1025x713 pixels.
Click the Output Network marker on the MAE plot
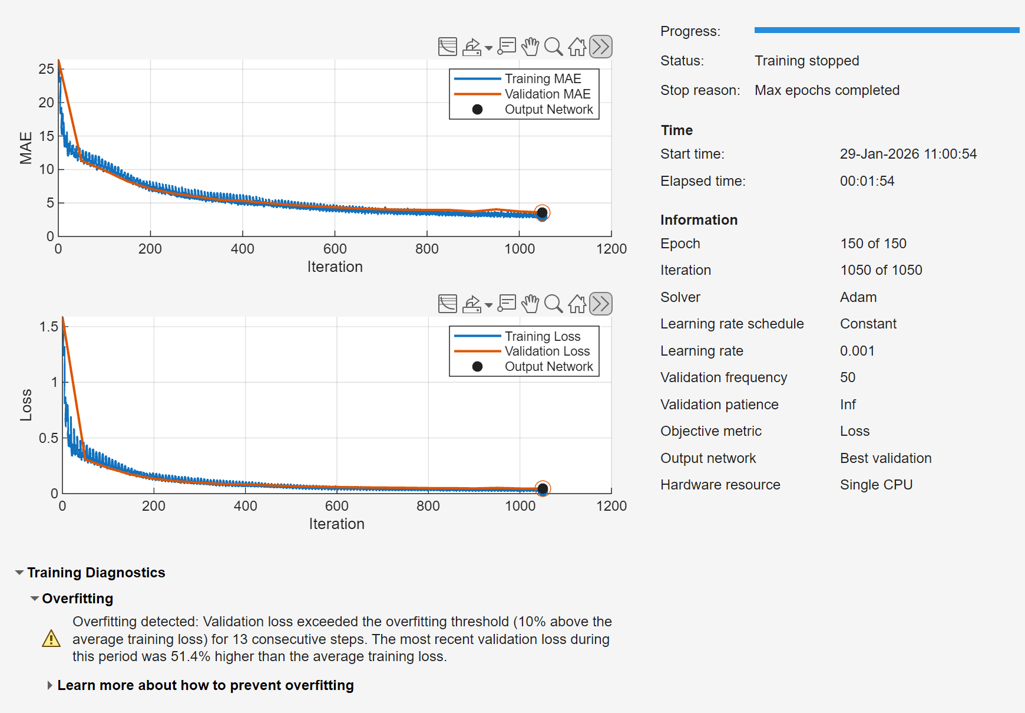[x=542, y=213]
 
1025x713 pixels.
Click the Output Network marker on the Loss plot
[x=543, y=489]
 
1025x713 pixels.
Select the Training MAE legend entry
[x=543, y=78]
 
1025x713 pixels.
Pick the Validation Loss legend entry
[x=547, y=351]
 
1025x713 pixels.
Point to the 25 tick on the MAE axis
[x=47, y=69]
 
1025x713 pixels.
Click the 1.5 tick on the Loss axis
[x=49, y=327]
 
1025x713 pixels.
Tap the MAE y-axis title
[x=26, y=147]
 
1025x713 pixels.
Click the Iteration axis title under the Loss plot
[x=336, y=524]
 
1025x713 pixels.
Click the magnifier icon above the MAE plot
[x=553, y=47]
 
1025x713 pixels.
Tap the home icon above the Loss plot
[x=577, y=304]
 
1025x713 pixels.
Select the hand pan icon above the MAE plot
[x=530, y=47]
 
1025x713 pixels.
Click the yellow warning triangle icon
[x=51, y=639]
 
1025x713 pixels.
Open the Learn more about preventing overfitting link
[x=205, y=685]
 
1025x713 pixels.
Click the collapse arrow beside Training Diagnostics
[x=19, y=573]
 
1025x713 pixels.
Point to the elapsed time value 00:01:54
[x=867, y=181]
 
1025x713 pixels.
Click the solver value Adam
[x=858, y=297]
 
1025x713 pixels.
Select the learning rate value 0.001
[x=857, y=351]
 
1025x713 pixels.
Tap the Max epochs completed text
[x=826, y=90]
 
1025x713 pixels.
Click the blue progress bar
[x=886, y=30]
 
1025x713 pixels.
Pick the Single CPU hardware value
[x=876, y=485]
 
